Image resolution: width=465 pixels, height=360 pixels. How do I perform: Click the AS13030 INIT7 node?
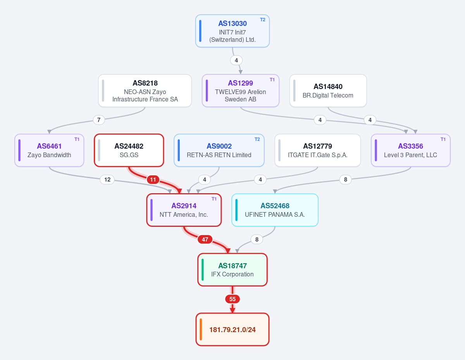(x=232, y=31)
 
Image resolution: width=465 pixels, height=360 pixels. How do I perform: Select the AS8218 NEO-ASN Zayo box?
(x=145, y=91)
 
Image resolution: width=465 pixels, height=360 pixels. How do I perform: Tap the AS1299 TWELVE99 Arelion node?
(x=241, y=91)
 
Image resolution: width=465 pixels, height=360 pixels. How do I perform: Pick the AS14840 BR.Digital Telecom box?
(x=328, y=91)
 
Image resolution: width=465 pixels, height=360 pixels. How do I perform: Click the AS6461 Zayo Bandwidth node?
(x=49, y=150)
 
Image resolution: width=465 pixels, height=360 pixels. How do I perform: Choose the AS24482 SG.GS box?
(x=129, y=150)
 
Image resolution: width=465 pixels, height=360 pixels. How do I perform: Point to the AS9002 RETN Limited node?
(x=219, y=150)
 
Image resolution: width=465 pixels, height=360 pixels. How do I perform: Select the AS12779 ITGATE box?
(x=318, y=150)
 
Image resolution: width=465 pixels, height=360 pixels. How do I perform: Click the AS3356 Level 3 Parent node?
(x=411, y=150)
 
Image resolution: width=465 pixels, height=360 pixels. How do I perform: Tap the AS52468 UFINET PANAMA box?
(x=275, y=210)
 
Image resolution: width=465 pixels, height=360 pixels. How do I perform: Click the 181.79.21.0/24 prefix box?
(x=232, y=329)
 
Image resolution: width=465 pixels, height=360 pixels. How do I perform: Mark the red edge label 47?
(x=205, y=240)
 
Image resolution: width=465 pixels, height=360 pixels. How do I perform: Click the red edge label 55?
(x=232, y=299)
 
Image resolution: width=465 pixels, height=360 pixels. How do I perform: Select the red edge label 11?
(x=153, y=180)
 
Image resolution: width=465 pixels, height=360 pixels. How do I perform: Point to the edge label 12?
(x=107, y=180)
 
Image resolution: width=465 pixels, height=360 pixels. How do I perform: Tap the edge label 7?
(x=99, y=120)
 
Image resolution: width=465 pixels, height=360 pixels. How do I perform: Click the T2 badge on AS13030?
(x=263, y=20)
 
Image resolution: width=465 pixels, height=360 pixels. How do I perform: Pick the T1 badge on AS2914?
(x=214, y=199)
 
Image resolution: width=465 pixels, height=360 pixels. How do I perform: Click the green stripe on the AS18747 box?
(x=203, y=270)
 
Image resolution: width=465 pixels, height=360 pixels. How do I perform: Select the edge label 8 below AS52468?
(x=257, y=240)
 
